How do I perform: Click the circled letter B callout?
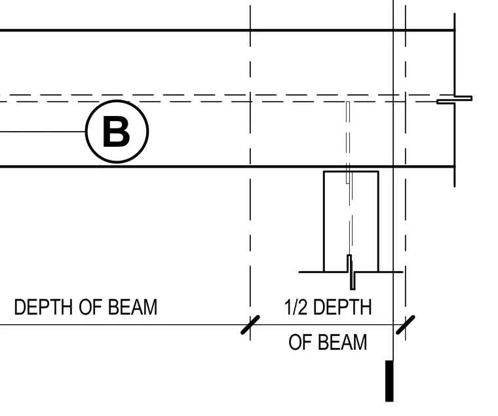[117, 132]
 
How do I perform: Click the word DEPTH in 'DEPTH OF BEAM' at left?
[43, 307]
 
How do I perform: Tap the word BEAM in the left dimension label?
[133, 307]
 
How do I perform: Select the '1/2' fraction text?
[296, 307]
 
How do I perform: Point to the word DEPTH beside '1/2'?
[342, 307]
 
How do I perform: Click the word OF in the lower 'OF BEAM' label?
[299, 342]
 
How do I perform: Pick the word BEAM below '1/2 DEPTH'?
[343, 342]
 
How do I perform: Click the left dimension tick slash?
[250, 325]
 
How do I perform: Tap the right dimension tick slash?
[405, 325]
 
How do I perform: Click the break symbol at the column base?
[351, 272]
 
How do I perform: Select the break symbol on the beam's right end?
[455, 100]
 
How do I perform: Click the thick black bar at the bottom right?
[389, 381]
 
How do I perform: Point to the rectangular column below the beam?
[351, 221]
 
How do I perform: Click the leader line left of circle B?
[43, 132]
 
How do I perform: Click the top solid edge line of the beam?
[228, 30]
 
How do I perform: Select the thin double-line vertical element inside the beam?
[348, 142]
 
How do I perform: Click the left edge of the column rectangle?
[324, 221]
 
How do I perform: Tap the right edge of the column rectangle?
[379, 221]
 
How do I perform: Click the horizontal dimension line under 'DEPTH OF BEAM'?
[125, 325]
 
